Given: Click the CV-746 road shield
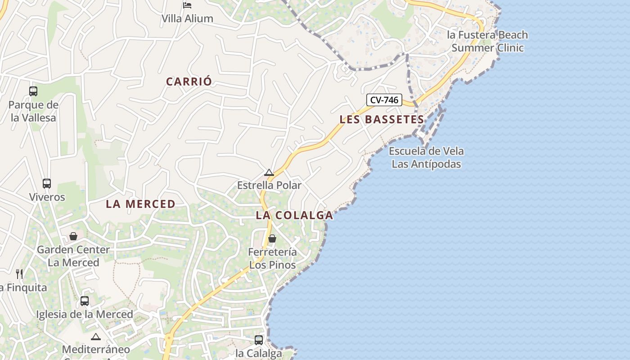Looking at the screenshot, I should (x=384, y=100).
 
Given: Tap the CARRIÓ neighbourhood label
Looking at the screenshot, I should (x=189, y=82).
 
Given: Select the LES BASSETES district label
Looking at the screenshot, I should (x=382, y=120).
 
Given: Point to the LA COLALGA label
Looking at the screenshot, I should (x=294, y=216).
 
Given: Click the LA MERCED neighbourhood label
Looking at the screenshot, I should (x=140, y=204).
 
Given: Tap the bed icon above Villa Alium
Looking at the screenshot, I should (x=187, y=5).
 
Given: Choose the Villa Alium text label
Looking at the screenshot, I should (x=187, y=18).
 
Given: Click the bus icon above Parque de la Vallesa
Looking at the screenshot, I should (x=33, y=91).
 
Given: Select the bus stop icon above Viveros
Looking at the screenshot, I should (x=47, y=184).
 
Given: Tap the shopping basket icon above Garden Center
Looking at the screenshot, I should (x=73, y=236).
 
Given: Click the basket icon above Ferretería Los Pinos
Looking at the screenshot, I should (x=272, y=238).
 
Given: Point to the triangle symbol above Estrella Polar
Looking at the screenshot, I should (x=269, y=173).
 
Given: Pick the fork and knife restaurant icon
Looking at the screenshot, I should (x=19, y=274).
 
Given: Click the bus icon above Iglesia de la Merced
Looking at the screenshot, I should (x=85, y=301).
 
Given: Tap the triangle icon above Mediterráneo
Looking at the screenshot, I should (x=96, y=337).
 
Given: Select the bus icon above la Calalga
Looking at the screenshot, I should (x=259, y=340).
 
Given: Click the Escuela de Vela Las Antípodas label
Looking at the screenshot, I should (x=426, y=157).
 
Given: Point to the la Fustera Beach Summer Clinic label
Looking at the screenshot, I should (x=487, y=41).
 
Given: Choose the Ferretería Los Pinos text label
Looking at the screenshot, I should (x=272, y=258).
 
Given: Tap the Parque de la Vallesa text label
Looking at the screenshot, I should (x=33, y=112).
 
